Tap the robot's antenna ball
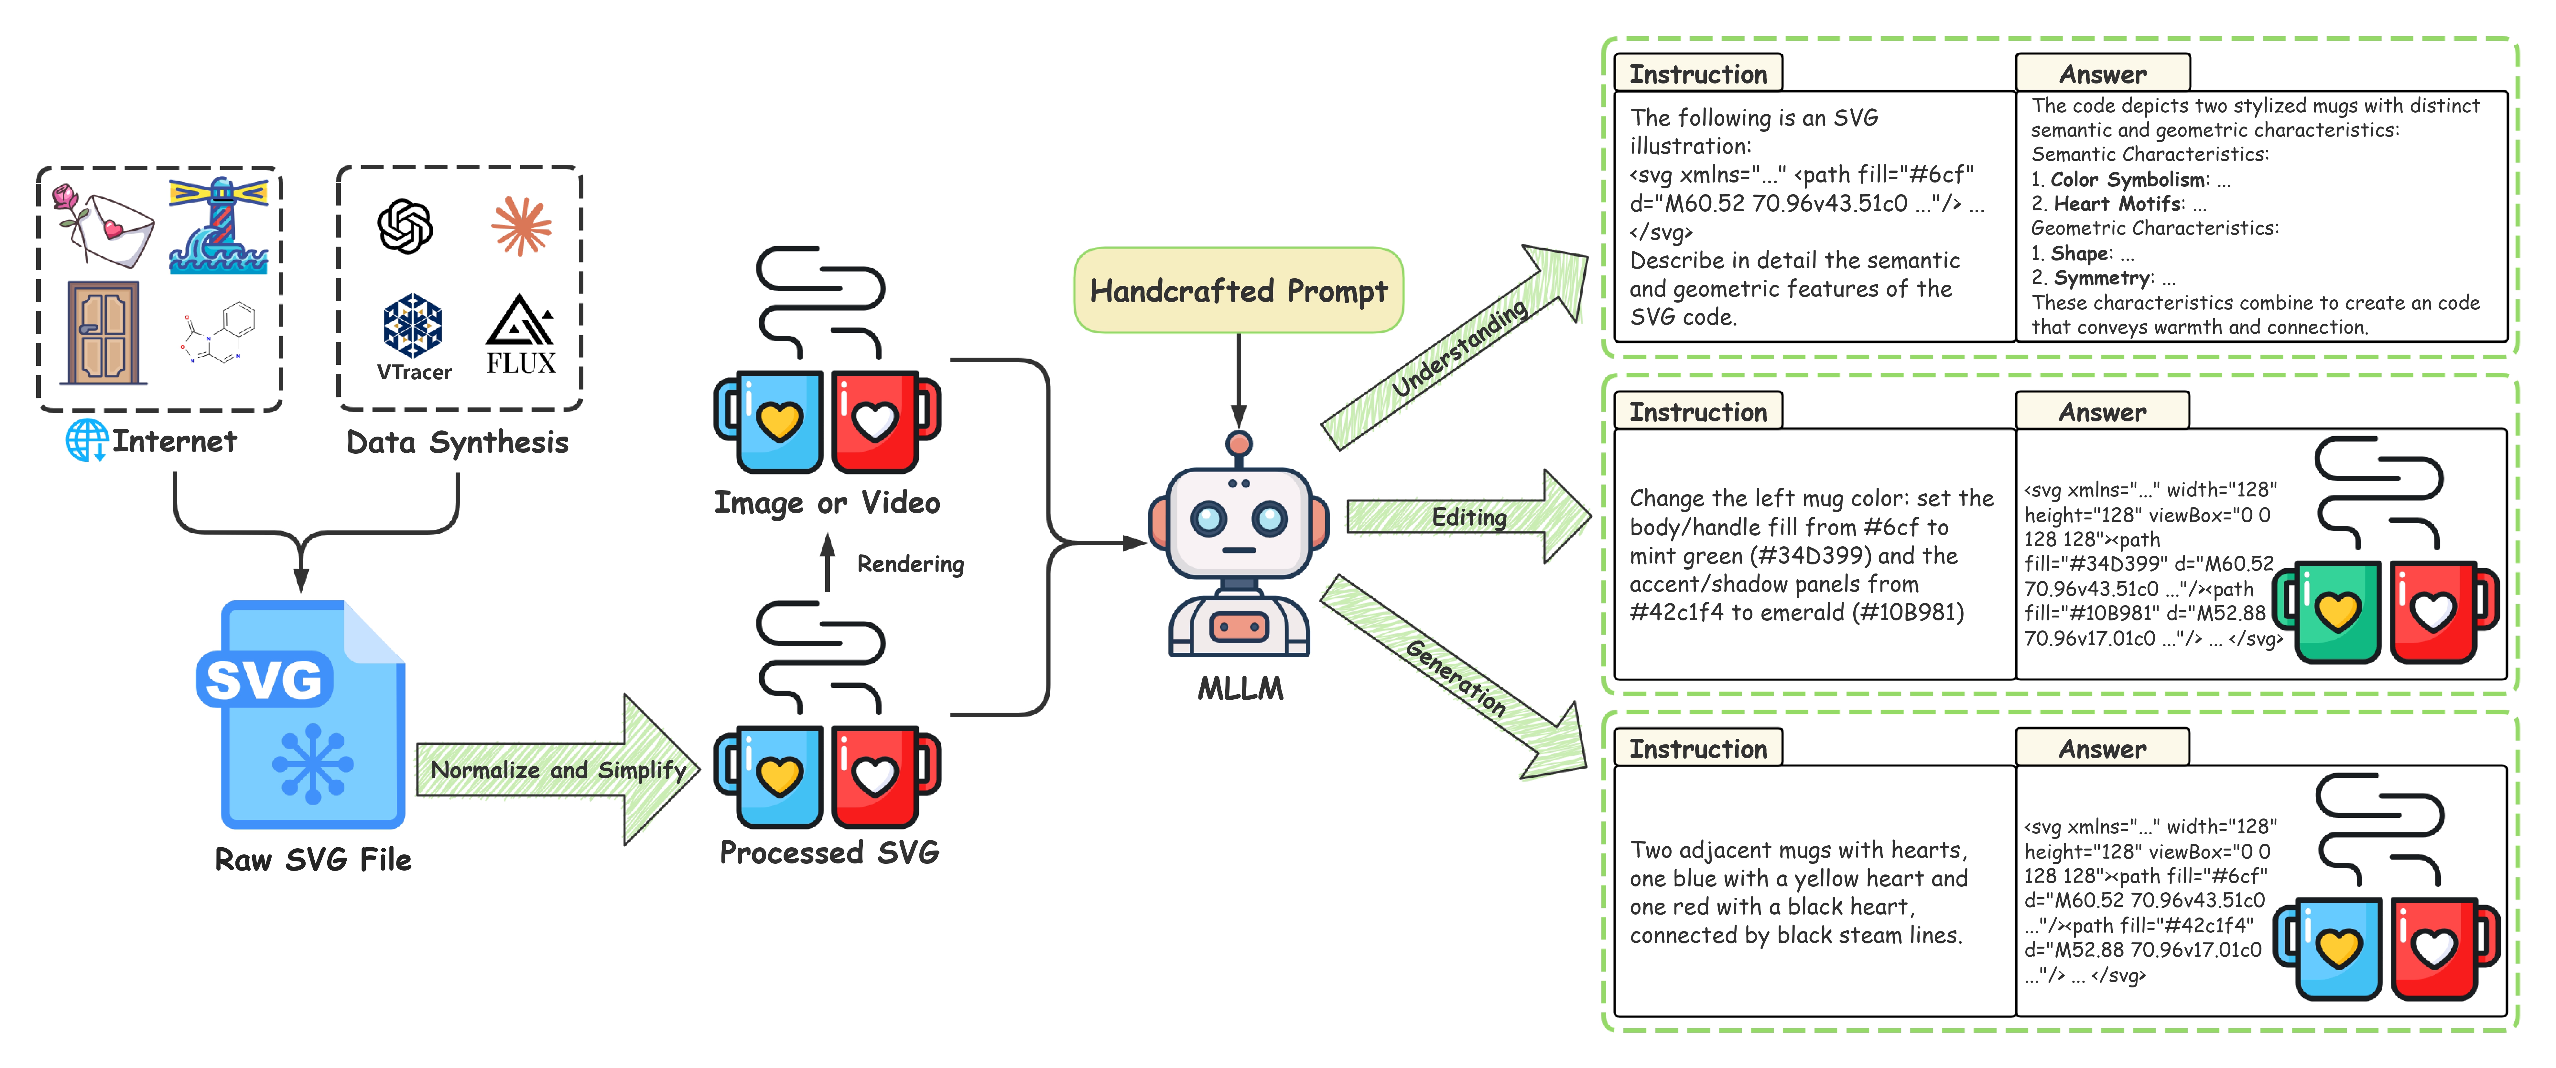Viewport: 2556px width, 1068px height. pyautogui.click(x=1238, y=444)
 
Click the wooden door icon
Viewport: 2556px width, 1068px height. pyautogui.click(x=103, y=332)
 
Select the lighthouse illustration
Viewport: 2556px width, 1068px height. pyautogui.click(x=219, y=226)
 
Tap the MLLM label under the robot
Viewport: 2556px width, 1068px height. pyautogui.click(x=1239, y=688)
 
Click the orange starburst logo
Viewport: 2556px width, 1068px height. pyautogui.click(x=521, y=226)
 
